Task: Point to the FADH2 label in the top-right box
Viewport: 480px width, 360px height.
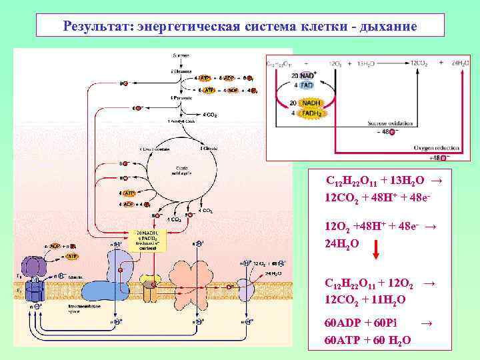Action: pos(309,113)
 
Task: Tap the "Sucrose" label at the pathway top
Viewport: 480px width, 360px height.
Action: pos(181,55)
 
